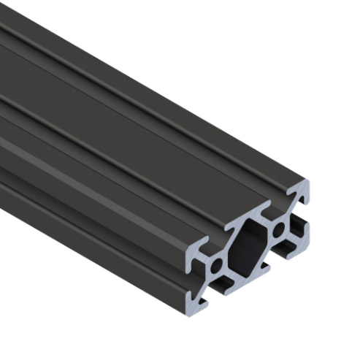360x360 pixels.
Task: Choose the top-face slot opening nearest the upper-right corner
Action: (x=291, y=191)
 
